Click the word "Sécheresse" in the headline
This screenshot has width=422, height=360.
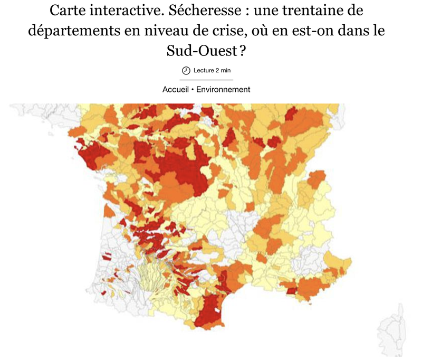pos(197,11)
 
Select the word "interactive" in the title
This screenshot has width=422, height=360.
pos(122,11)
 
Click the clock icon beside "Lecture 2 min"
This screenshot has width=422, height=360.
pos(186,70)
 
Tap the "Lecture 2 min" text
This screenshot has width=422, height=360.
pos(212,70)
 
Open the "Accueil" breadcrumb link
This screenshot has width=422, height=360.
pos(175,89)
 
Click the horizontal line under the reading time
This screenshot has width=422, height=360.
pos(206,80)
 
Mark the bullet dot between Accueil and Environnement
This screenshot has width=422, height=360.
pos(192,89)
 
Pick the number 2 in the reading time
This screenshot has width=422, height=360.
pos(217,70)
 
